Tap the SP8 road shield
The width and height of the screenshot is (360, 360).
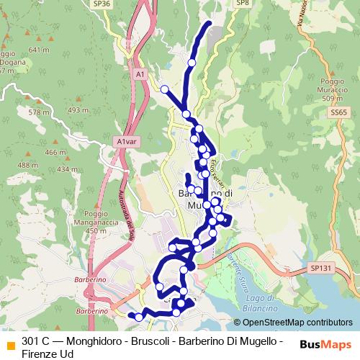coord(243,4)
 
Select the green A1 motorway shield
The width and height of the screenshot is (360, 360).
coord(140,73)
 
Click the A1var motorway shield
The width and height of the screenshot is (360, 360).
coord(125,142)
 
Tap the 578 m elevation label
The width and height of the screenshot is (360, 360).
coord(39,112)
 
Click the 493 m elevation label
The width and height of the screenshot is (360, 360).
coord(77,110)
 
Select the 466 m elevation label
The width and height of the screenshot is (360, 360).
coord(55,153)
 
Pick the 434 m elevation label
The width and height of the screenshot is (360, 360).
coord(67,169)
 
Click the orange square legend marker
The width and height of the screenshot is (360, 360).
coord(10,345)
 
